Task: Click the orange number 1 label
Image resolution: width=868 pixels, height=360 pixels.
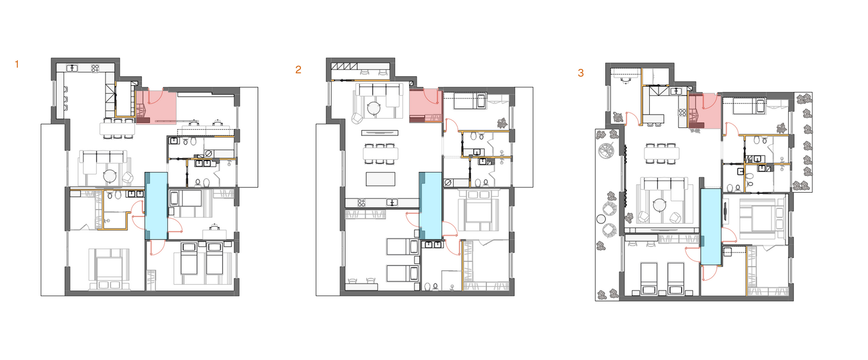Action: [17, 64]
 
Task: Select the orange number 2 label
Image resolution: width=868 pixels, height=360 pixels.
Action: [298, 70]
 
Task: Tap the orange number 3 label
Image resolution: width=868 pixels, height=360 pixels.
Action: [580, 73]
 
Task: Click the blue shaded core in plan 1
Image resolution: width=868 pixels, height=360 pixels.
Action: [157, 205]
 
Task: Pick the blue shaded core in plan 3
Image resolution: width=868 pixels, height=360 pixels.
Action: [711, 227]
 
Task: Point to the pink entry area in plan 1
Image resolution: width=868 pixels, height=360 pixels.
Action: [157, 106]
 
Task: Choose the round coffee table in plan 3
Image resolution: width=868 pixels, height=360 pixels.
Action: [659, 205]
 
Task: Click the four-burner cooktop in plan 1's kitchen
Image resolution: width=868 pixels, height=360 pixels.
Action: [95, 68]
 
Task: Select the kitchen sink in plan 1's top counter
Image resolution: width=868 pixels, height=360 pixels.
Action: [72, 68]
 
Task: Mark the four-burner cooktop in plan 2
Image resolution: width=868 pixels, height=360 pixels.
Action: [361, 202]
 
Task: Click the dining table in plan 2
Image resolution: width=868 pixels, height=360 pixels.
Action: [381, 153]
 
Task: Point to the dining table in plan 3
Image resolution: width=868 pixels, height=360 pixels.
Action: [662, 153]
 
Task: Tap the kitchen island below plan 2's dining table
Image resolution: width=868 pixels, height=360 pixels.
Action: [381, 179]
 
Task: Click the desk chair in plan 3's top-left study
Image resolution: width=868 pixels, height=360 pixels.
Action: [624, 80]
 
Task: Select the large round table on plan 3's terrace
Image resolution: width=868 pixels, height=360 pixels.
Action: [606, 150]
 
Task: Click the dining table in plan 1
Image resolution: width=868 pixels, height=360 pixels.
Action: [117, 128]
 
